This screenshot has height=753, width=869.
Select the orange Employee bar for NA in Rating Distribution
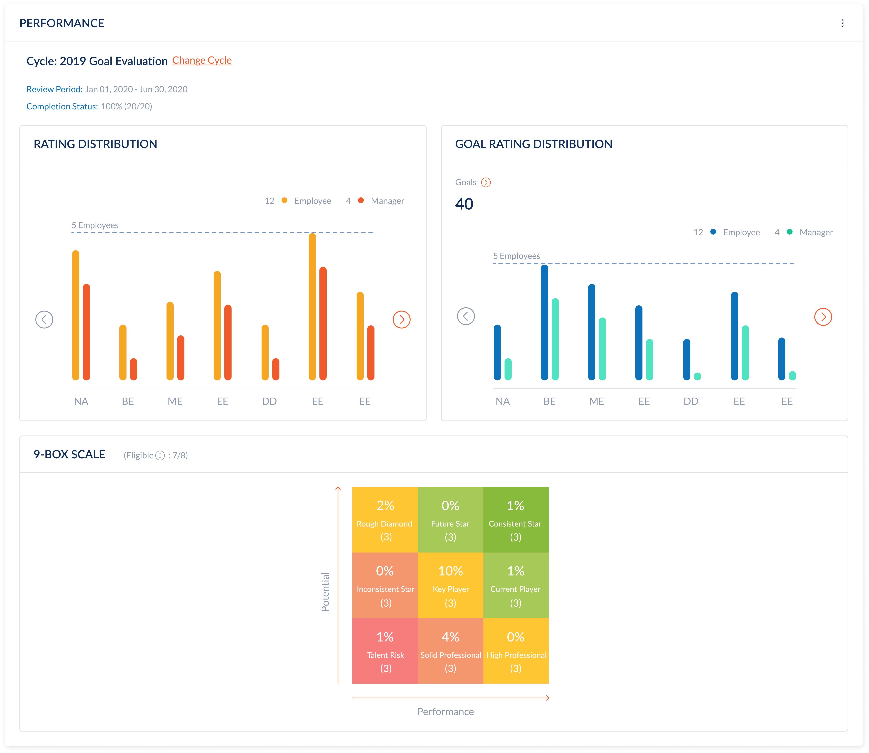coord(76,315)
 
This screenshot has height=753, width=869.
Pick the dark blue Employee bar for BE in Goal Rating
coord(544,322)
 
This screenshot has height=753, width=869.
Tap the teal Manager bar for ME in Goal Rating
coord(602,349)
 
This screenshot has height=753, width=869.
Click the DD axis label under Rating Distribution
coord(269,401)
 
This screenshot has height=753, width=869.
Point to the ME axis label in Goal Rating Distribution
coord(596,401)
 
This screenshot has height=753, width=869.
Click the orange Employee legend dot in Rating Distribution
coord(284,200)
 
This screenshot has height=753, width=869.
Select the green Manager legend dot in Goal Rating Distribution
coord(790,232)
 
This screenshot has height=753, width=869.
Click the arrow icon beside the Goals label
coord(486,182)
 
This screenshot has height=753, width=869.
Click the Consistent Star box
coord(516,520)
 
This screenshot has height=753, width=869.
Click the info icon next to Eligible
coord(160,456)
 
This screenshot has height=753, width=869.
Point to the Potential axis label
coord(325,592)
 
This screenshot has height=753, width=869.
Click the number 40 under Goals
coord(464,204)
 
